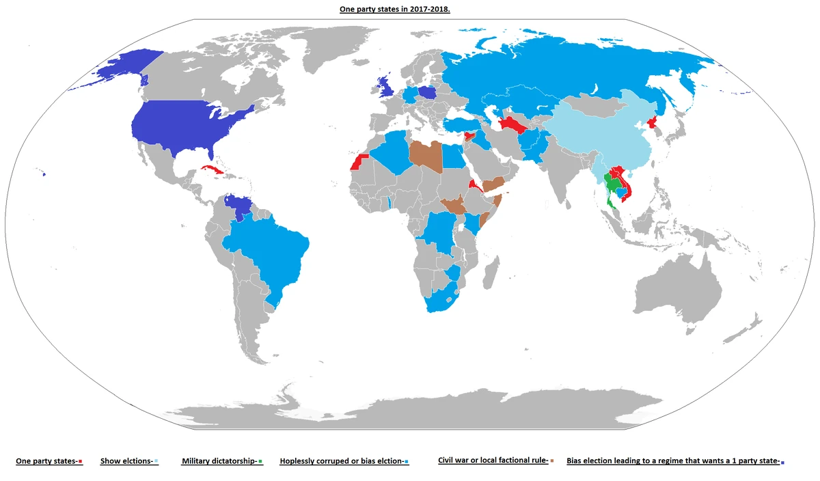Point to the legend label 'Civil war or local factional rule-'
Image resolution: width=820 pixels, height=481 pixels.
coord(493,461)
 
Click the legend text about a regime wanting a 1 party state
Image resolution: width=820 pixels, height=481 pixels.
coord(673,461)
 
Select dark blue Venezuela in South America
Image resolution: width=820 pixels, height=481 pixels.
coord(238,206)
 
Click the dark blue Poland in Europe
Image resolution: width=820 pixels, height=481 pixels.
coord(428,94)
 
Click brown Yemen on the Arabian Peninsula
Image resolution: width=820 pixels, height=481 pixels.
coord(491,184)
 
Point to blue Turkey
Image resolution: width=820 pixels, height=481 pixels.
coord(465,125)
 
